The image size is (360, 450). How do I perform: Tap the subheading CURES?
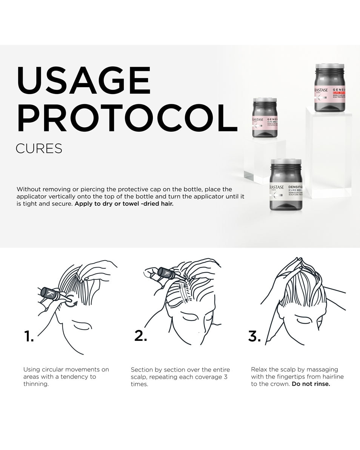pyautogui.click(x=39, y=148)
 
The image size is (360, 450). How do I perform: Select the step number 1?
pyautogui.click(x=29, y=336)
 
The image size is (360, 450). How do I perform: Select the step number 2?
pyautogui.click(x=140, y=336)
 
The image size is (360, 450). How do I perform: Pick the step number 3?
pyautogui.click(x=254, y=336)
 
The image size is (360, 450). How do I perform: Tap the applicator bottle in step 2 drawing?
pyautogui.click(x=166, y=273)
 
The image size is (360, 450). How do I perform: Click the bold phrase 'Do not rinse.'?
pyautogui.click(x=311, y=384)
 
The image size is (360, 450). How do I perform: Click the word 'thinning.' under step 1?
pyautogui.click(x=36, y=384)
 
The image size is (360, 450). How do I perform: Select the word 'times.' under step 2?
pyautogui.click(x=139, y=384)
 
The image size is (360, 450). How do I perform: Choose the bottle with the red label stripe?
pyautogui.click(x=330, y=88)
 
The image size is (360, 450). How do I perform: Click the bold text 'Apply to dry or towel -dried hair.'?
pyautogui.click(x=124, y=204)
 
